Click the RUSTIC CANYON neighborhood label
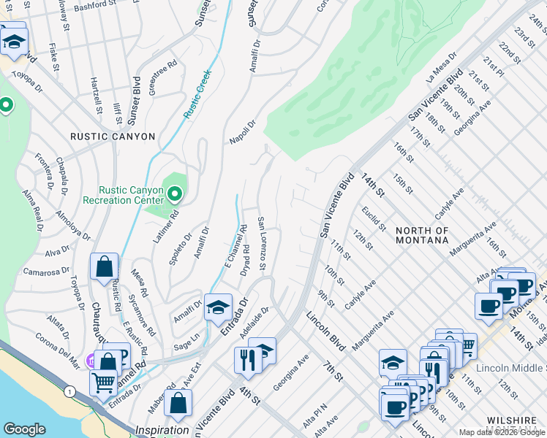coord(113,137)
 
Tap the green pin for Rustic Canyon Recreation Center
coord(174,194)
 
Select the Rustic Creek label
coord(199,97)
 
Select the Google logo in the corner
coord(25,429)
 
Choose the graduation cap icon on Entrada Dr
coord(218,307)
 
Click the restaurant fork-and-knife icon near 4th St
coord(247,360)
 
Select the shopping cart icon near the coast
coord(103,381)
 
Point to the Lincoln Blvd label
coord(325,331)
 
